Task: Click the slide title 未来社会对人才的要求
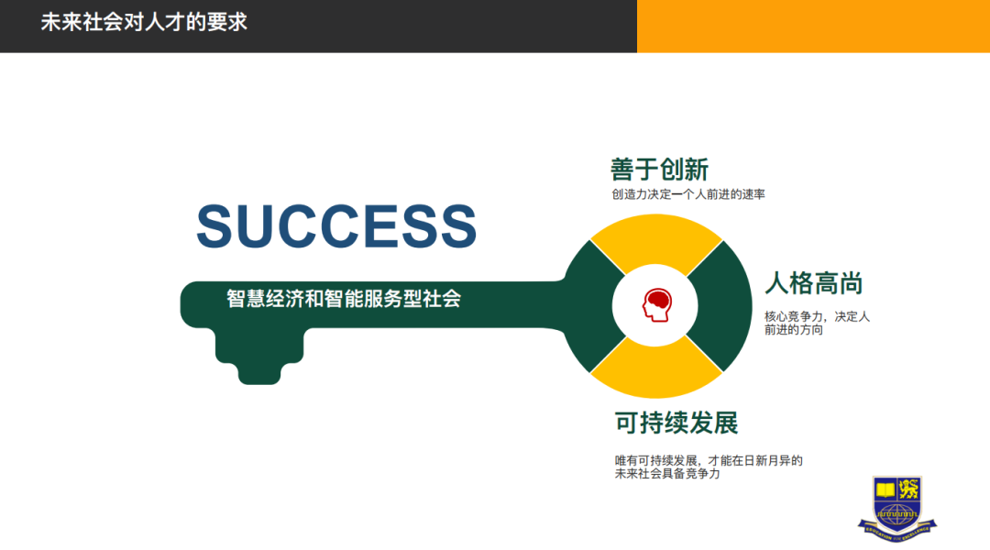tap(144, 22)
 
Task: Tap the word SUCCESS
tap(336, 226)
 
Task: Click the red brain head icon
tap(655, 305)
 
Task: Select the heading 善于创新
tap(659, 170)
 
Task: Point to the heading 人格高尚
tap(814, 282)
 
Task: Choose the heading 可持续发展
tap(676, 423)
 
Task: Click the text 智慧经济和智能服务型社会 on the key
tap(344, 299)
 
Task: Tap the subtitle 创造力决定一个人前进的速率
tap(688, 194)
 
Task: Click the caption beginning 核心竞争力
tap(817, 323)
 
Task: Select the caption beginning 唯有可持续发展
tap(709, 467)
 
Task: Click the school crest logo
tap(897, 500)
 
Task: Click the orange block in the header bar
tap(813, 26)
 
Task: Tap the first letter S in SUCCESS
tap(217, 226)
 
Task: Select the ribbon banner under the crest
tap(897, 528)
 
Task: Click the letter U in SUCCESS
tap(259, 226)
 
